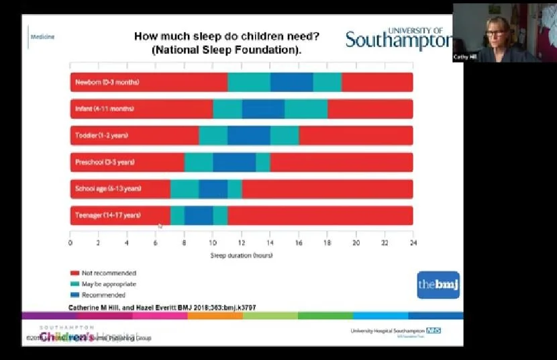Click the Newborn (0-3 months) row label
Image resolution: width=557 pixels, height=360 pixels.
coord(107,82)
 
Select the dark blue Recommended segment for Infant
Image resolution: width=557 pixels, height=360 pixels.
coord(263,108)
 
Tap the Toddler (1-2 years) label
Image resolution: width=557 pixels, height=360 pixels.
coord(101,135)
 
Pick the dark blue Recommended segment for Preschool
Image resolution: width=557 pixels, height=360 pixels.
coord(234,162)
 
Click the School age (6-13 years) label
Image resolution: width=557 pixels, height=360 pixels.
coord(108,189)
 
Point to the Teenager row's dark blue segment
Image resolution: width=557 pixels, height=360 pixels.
coord(199,216)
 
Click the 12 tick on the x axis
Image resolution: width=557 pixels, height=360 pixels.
coord(242,242)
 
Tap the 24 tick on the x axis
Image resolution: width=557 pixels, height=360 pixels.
coord(412,242)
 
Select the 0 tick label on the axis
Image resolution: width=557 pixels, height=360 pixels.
coord(70,242)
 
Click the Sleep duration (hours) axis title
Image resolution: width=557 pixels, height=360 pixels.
coord(242,255)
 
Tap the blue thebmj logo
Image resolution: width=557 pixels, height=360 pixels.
coord(438,285)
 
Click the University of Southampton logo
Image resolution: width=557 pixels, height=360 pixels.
coord(399,39)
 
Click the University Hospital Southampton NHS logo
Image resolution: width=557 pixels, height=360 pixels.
coord(396,331)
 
